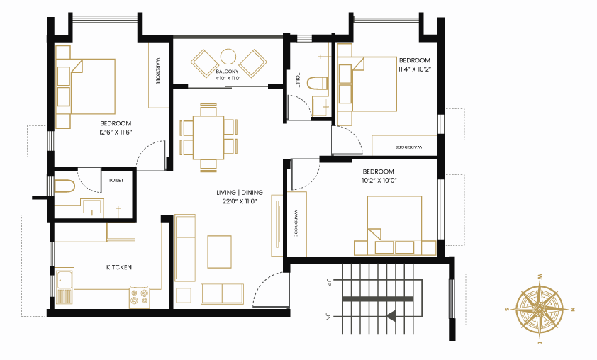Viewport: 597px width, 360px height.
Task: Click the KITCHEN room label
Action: tap(119, 268)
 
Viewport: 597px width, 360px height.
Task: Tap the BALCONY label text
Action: tap(227, 72)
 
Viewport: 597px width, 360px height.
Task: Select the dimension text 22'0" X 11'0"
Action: tap(240, 202)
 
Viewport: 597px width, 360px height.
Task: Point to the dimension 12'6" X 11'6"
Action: tap(116, 133)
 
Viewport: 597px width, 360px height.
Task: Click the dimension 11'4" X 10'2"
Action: tap(415, 69)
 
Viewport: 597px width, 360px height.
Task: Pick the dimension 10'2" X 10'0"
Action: tap(379, 181)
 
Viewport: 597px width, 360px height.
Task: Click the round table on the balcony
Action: tap(228, 57)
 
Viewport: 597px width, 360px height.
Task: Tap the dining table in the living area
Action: tap(208, 137)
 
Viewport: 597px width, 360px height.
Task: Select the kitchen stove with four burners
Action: tap(140, 297)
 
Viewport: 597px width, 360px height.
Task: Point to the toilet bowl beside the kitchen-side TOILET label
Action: tap(65, 186)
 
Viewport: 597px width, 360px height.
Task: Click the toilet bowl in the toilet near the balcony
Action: tap(317, 84)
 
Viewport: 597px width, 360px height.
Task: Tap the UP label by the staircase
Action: tap(328, 282)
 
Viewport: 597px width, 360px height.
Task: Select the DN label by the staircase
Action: tap(328, 316)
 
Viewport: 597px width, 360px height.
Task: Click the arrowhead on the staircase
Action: tap(391, 316)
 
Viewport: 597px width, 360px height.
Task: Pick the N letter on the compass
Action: tap(573, 310)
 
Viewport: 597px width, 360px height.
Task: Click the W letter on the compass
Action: tap(540, 276)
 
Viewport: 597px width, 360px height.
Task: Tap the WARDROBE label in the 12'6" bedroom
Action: tap(157, 71)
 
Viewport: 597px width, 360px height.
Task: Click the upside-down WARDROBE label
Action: tap(408, 147)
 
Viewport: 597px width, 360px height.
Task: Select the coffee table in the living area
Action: tap(219, 252)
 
